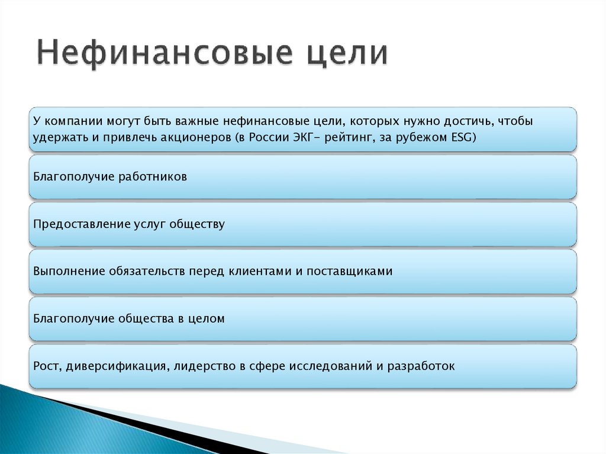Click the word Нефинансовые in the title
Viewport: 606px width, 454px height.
coord(163,54)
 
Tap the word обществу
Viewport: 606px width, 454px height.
coord(197,224)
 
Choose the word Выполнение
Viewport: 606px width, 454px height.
coord(69,271)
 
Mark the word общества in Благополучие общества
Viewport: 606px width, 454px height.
coord(146,318)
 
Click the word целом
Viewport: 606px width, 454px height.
coord(206,318)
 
